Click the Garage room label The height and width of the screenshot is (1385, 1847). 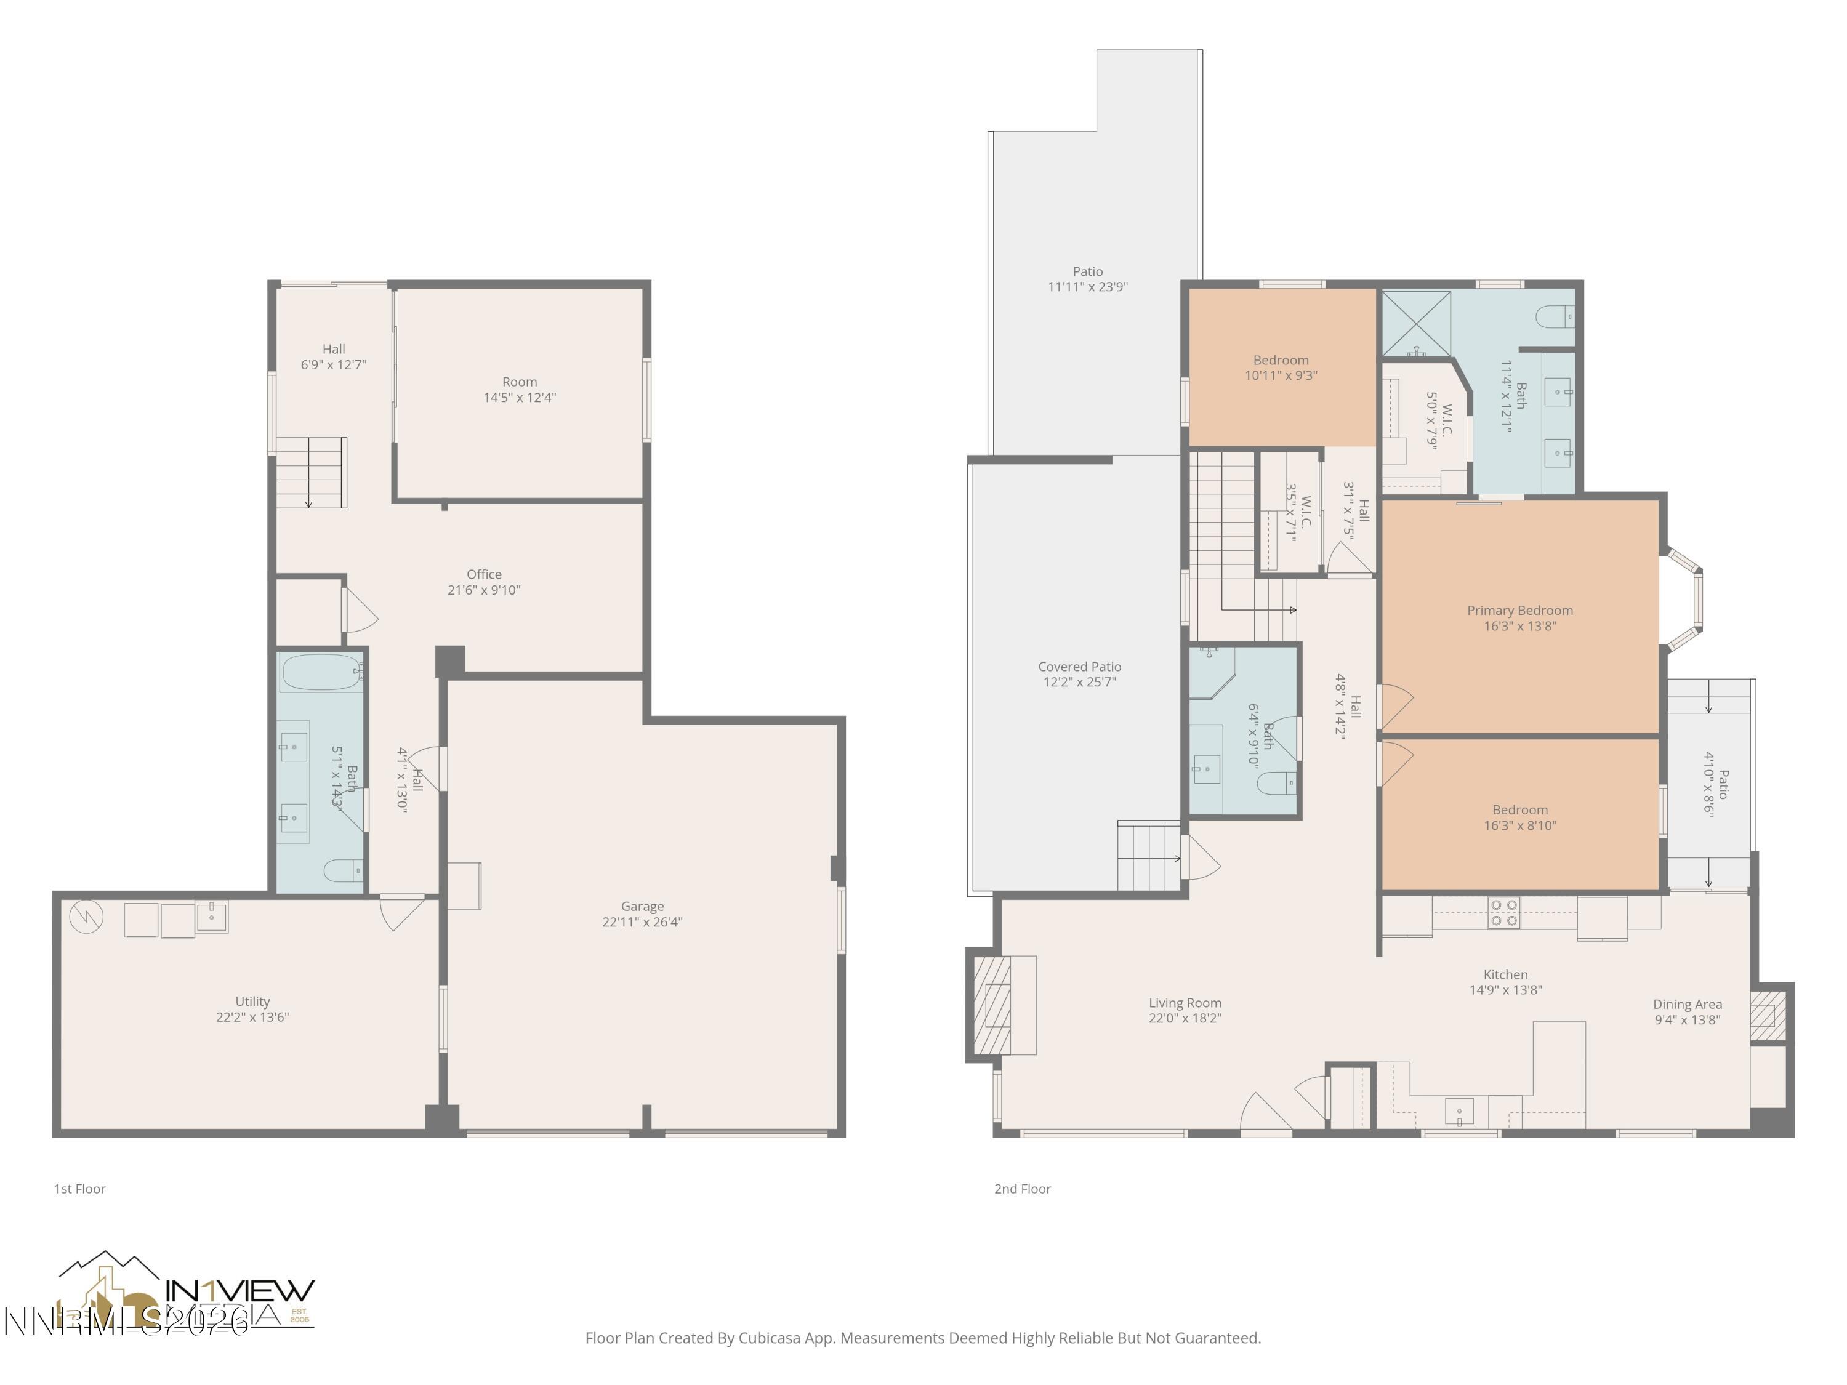pos(642,906)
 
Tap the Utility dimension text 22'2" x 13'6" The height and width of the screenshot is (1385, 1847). pos(252,1017)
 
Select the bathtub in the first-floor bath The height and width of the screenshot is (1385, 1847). pos(321,672)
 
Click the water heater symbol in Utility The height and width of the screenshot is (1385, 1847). pos(87,917)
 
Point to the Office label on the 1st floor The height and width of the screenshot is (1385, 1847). pos(483,574)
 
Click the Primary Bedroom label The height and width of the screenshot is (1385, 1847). pos(1519,610)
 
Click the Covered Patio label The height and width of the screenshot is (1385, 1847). pos(1079,666)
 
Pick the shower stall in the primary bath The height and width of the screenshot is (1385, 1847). pos(1416,323)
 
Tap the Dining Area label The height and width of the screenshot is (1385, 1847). pos(1687,1005)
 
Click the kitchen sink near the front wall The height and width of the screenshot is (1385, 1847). pos(1459,1111)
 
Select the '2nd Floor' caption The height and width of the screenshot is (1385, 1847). pos(1022,1189)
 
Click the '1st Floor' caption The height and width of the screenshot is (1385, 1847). pos(80,1189)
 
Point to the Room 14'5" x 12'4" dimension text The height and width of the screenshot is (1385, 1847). pos(520,398)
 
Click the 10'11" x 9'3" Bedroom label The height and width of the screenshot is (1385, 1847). pos(1281,375)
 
